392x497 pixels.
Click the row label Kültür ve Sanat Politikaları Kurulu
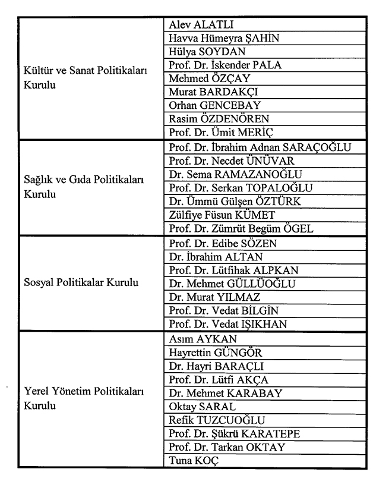85,78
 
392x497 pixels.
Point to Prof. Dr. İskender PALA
225,65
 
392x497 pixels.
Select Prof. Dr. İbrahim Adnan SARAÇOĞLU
260,147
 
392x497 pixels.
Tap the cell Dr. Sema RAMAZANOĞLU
235,174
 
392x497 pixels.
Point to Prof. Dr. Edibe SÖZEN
223,244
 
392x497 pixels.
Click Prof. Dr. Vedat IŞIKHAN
227,324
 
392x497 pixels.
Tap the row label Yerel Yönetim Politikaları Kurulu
84,399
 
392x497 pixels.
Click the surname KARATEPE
271,434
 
